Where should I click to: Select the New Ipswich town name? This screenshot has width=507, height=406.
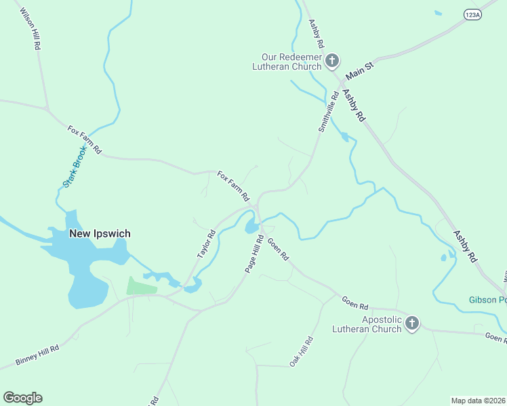coord(100,233)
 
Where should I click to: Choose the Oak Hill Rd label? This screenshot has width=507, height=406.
coord(302,351)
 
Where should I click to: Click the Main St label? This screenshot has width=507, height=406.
coord(359,68)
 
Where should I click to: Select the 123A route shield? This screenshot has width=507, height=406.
coord(472,14)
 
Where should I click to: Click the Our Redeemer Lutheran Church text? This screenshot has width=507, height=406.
coord(287,62)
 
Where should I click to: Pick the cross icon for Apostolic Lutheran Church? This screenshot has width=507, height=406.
coord(411,324)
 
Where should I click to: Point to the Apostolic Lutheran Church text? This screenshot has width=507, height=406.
coord(367,324)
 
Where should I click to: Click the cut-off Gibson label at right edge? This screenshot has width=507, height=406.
coord(487,300)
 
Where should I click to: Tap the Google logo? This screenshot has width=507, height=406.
coord(22,398)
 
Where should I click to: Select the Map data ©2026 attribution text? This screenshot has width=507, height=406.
coord(478,401)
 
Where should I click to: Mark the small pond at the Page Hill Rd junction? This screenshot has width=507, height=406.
coord(251,227)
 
